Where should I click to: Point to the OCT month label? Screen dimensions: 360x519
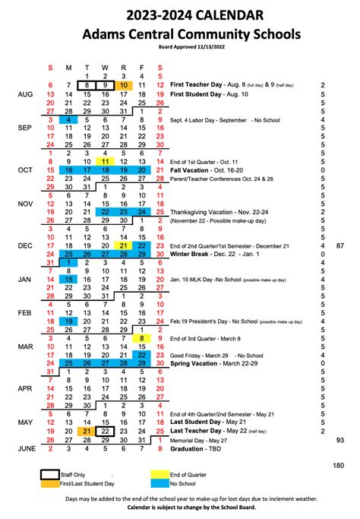pos(26,170)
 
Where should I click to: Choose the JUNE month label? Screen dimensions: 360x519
pos(27,448)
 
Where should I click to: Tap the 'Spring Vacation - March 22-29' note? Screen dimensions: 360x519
pos(221,363)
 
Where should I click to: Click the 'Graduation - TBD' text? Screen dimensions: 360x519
pos(203,448)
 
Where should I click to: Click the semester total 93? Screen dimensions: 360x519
pos(339,439)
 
